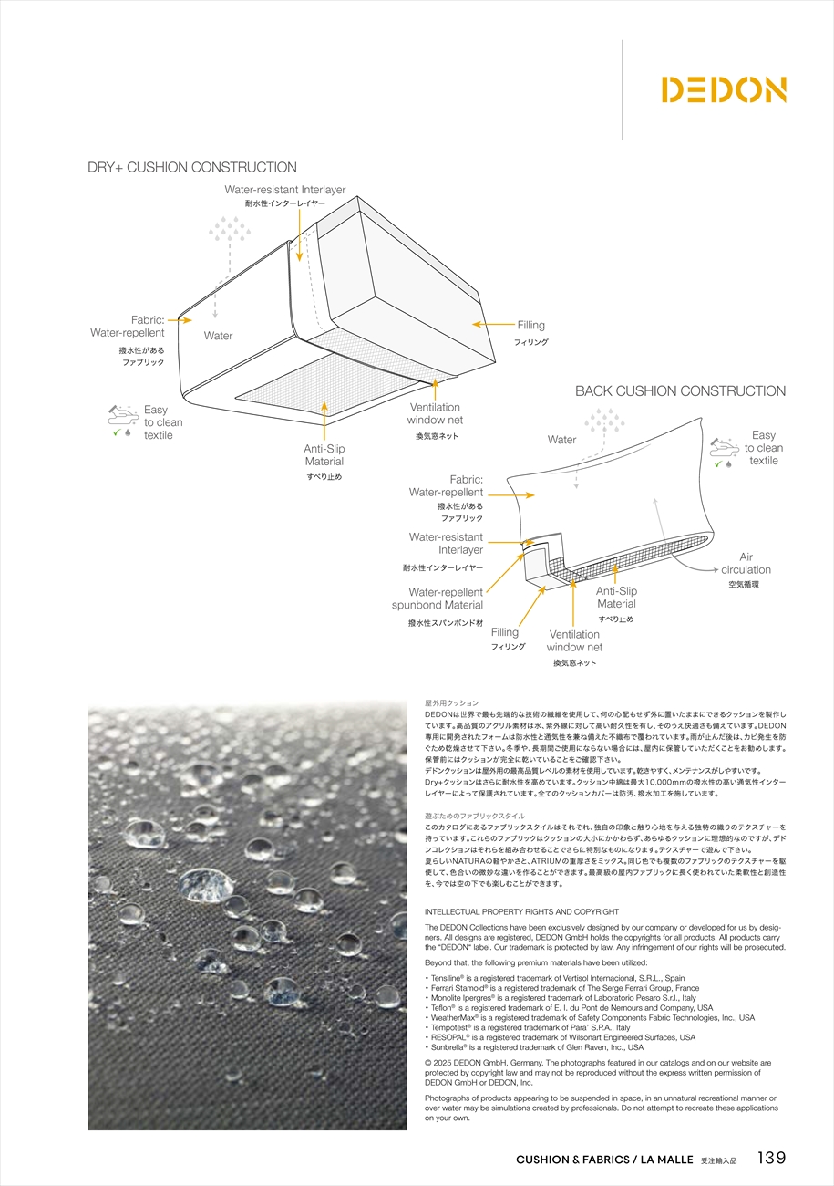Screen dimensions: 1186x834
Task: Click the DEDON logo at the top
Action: [723, 89]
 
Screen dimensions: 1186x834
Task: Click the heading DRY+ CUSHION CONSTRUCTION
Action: [191, 168]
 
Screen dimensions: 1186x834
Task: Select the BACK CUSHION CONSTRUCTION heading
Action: [680, 391]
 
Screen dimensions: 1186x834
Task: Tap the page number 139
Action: [770, 1158]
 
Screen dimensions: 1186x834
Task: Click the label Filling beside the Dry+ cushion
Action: [530, 325]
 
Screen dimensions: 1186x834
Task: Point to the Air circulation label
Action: [746, 564]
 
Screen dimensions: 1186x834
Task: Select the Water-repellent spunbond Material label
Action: [439, 598]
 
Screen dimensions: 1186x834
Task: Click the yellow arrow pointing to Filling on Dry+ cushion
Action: [492, 324]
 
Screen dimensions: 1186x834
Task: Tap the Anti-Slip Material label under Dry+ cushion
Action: [324, 455]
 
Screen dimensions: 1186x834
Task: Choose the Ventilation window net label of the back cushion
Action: [574, 640]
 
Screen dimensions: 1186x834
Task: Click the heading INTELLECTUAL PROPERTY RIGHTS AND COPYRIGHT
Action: [521, 911]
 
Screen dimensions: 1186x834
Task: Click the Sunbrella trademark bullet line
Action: [534, 1047]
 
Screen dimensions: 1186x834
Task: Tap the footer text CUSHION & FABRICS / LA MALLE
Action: [604, 1160]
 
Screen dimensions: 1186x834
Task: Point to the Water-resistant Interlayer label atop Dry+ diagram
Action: [285, 190]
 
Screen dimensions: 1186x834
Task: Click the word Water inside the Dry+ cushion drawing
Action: [218, 336]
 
